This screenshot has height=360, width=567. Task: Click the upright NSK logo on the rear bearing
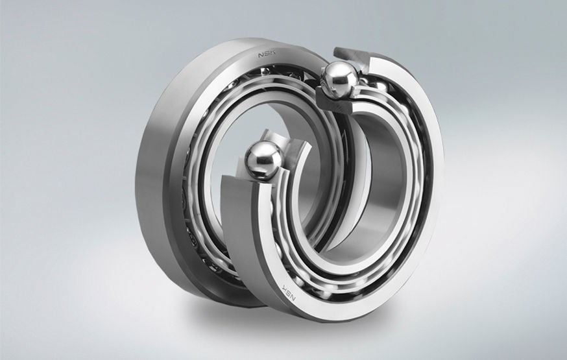[267, 54]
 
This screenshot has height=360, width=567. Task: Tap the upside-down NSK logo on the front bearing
[289, 291]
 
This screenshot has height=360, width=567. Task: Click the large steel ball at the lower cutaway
[263, 160]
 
